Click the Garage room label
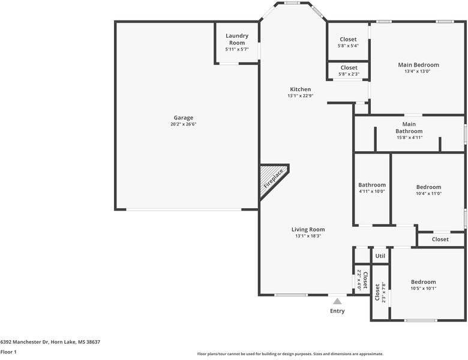183,118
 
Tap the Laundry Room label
237,39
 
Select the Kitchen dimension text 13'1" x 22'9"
300,96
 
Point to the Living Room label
308,229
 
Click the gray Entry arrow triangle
337,301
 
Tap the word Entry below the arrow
337,311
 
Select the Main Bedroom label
418,65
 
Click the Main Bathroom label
409,127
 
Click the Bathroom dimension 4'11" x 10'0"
372,191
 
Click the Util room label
380,256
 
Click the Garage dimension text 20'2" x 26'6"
183,124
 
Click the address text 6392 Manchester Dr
25,342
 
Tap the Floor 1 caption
8,352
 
